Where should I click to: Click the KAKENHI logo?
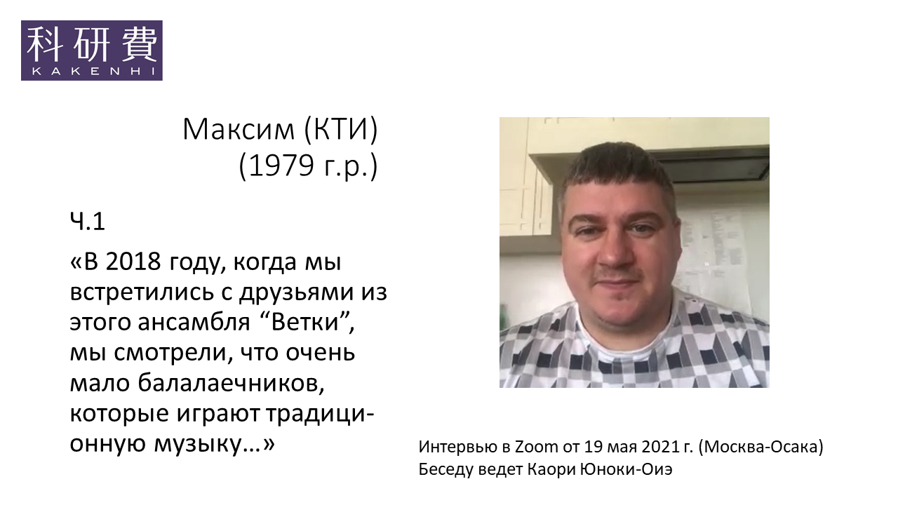click(x=92, y=50)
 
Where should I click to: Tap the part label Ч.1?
click(x=87, y=222)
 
